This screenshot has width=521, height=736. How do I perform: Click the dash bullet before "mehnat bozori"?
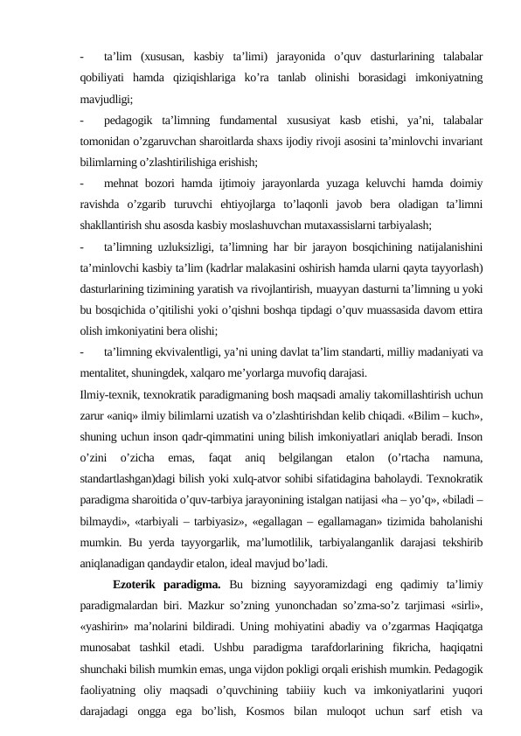tap(80, 184)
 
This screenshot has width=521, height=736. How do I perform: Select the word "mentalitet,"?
tap(106, 372)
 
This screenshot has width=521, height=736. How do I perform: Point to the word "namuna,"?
tap(462, 457)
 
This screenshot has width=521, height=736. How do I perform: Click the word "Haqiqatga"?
tap(458, 626)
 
